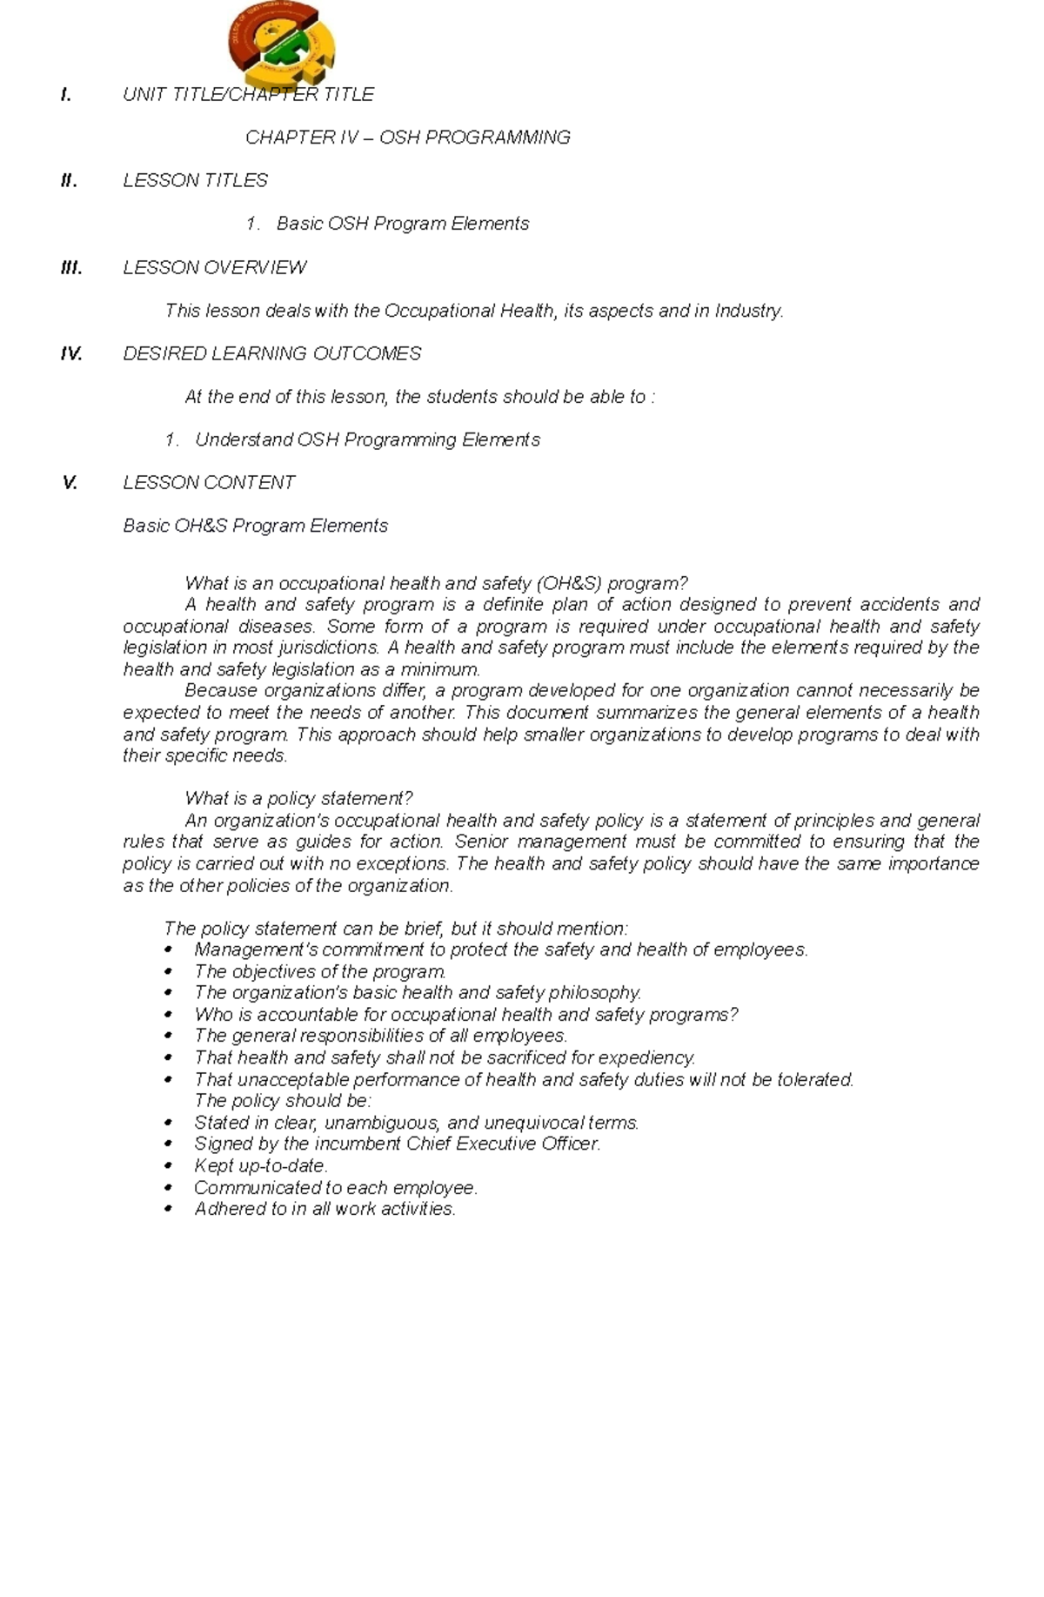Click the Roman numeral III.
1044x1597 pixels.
click(71, 267)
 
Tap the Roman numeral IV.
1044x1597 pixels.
click(71, 353)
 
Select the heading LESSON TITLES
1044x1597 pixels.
click(195, 180)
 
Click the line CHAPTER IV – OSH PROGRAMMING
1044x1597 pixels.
click(407, 138)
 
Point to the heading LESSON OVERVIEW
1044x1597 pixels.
click(214, 267)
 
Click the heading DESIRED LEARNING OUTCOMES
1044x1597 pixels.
click(271, 353)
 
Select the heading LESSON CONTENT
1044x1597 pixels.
click(209, 482)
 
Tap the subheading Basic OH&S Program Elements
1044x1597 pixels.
click(255, 526)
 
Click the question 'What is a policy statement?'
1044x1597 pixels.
click(298, 798)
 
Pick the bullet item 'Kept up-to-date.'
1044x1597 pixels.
click(261, 1165)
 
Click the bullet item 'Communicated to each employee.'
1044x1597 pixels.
click(336, 1187)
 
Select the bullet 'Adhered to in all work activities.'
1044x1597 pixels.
click(325, 1209)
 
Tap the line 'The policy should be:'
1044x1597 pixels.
click(283, 1101)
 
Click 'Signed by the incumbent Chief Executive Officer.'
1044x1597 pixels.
click(397, 1144)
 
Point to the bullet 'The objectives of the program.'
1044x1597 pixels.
click(320, 971)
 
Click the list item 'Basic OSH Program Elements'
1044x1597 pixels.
click(402, 224)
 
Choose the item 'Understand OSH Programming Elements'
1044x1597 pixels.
click(367, 440)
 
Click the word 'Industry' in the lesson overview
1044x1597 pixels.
click(747, 311)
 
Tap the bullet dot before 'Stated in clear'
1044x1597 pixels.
click(169, 1123)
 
